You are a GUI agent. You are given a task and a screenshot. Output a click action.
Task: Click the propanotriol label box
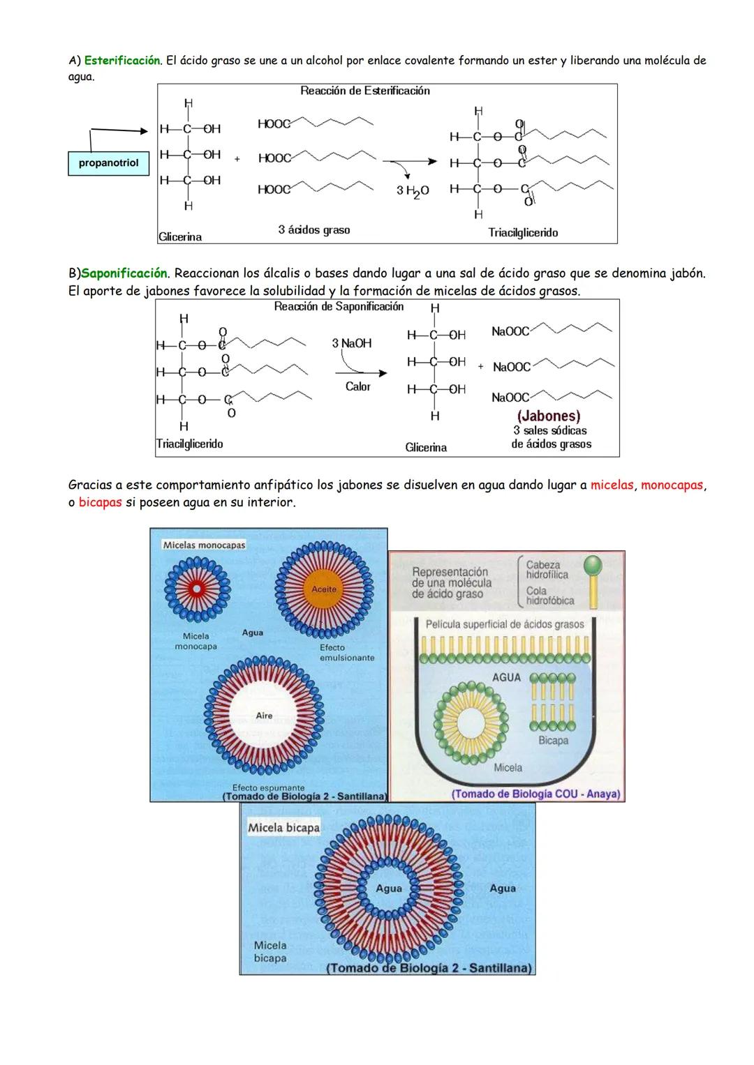(x=108, y=163)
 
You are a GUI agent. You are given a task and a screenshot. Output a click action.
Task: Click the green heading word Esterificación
(x=122, y=61)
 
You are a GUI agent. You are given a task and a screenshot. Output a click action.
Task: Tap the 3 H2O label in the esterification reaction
(x=413, y=190)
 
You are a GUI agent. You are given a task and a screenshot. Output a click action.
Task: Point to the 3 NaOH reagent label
(x=352, y=343)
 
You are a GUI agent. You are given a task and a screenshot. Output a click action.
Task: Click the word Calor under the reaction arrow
(x=357, y=386)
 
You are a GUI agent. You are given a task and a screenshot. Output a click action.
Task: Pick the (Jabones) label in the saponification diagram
(x=549, y=416)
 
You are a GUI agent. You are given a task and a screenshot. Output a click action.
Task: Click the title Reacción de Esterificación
(x=365, y=91)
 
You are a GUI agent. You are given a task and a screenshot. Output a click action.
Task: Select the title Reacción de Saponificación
(x=339, y=307)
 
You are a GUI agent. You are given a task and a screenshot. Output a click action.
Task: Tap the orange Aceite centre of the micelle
(x=324, y=589)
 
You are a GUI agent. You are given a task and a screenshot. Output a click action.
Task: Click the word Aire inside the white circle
(x=264, y=716)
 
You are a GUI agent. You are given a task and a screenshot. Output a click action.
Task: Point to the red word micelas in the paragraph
(x=612, y=485)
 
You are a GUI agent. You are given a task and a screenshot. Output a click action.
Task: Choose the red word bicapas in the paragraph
(x=100, y=502)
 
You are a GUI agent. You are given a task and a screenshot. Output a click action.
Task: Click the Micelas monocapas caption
(x=204, y=545)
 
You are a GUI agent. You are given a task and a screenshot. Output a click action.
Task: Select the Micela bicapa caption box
(x=283, y=828)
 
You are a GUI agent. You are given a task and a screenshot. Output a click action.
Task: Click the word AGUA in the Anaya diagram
(x=506, y=677)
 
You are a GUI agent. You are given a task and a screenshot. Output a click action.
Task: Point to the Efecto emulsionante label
(x=347, y=653)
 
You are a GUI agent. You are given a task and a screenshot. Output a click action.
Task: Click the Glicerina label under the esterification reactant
(x=180, y=237)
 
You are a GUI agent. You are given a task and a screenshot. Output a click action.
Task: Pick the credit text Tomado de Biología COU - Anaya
(x=535, y=794)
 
